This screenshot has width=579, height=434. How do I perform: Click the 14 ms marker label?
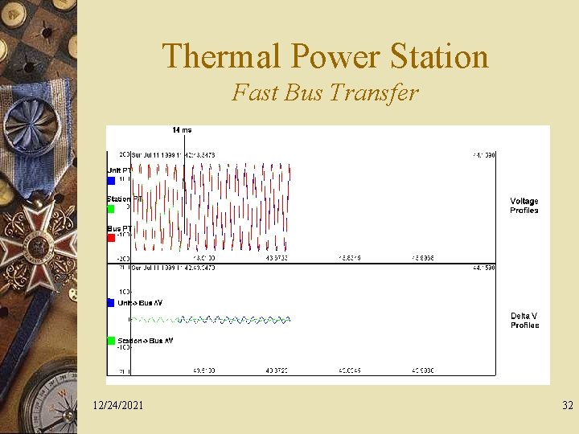tap(182, 130)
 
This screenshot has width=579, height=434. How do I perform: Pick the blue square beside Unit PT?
tap(111, 181)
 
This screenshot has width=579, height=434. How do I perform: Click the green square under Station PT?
tap(111, 209)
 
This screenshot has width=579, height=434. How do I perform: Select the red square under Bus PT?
tap(111, 238)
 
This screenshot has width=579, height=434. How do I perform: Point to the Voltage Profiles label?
tap(524, 206)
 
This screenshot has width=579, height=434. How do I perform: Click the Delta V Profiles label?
tap(524, 321)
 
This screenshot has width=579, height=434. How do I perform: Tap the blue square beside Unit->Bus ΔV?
tap(111, 303)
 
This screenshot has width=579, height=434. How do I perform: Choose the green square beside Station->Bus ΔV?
tap(111, 341)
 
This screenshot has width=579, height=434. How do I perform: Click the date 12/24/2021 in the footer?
tap(118, 405)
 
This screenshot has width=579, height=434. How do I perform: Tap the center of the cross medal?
tap(34, 241)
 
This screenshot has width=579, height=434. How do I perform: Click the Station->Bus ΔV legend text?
tap(145, 341)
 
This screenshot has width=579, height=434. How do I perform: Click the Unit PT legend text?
tap(120, 170)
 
